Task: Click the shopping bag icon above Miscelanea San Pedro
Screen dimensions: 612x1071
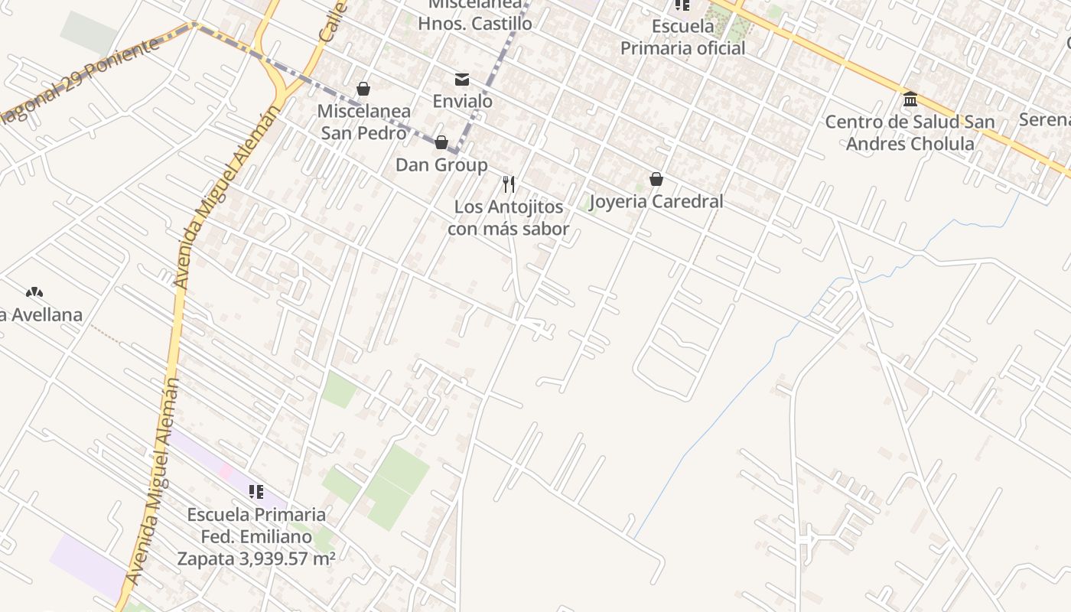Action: point(363,90)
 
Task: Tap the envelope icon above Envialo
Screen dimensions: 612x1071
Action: point(462,80)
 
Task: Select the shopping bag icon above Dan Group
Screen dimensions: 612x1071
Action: point(441,143)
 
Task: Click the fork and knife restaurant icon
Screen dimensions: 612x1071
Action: point(509,184)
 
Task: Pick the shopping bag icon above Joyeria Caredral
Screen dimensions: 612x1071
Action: point(656,180)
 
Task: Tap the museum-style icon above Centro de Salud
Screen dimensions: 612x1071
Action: point(910,99)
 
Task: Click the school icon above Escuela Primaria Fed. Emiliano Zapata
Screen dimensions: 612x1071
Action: point(256,492)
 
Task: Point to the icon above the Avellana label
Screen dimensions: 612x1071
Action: point(34,292)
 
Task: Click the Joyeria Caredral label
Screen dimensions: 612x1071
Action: point(656,202)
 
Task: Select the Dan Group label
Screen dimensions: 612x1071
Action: point(441,165)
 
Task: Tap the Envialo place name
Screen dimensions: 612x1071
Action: point(462,102)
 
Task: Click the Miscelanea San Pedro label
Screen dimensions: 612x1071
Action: point(363,122)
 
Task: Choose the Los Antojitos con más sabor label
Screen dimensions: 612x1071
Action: point(509,218)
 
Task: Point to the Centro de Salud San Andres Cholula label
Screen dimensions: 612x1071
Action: point(910,133)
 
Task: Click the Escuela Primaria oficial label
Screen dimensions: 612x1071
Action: point(682,37)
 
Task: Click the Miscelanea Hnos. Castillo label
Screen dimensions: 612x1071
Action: point(474,15)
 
